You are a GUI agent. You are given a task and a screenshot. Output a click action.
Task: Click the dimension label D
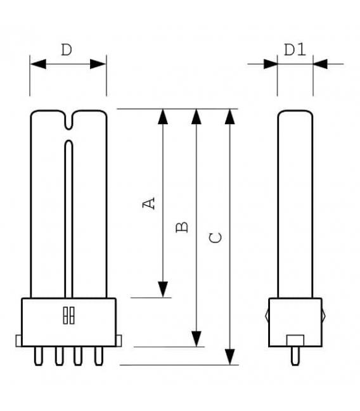[x=67, y=50]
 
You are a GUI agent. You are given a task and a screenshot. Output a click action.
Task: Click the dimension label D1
[x=295, y=49]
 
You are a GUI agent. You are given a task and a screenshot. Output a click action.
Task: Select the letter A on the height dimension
[x=148, y=203]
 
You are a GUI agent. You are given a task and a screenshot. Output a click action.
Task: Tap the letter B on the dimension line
[x=181, y=226]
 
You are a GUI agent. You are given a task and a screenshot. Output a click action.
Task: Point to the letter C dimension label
[x=215, y=238]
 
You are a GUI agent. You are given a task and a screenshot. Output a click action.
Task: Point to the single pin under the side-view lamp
[x=295, y=356]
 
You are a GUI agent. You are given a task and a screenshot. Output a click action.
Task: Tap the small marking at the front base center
[x=68, y=316]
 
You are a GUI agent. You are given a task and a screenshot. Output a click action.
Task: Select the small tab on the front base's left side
[x=19, y=341]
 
